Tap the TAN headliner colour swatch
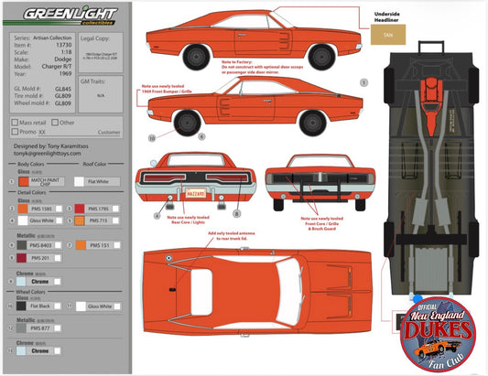coord(389,38)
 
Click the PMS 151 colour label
coord(101,245)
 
